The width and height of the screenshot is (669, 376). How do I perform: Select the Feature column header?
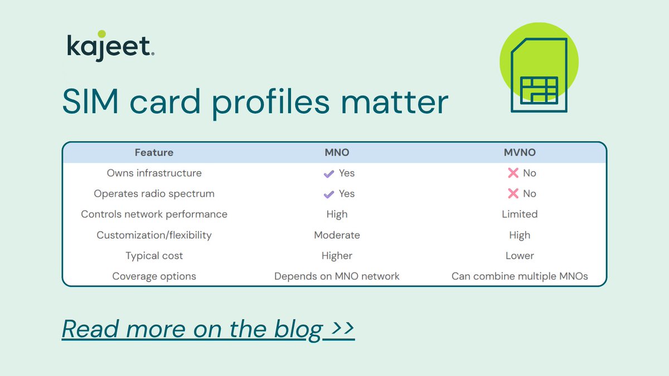[154, 153]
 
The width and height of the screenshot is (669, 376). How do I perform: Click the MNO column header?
[337, 153]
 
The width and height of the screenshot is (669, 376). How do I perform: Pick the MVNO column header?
[519, 153]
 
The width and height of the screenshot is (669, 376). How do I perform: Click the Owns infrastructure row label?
[154, 173]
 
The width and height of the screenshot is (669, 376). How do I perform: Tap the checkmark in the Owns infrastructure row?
[328, 173]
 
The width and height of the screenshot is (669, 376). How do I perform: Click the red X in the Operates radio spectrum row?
[513, 194]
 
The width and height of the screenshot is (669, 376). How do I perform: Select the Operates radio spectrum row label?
[154, 194]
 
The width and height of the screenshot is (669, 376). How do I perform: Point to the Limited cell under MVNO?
[519, 214]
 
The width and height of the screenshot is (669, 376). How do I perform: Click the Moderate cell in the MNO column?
[337, 235]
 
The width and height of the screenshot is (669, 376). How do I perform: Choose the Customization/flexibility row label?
[154, 235]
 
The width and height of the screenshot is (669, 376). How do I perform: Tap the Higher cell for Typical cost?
[337, 256]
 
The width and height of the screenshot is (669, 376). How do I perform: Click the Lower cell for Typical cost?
[519, 256]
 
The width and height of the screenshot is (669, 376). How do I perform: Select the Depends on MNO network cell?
[337, 276]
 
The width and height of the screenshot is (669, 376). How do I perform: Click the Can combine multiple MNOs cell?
[519, 276]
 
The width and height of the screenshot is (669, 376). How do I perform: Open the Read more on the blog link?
[208, 329]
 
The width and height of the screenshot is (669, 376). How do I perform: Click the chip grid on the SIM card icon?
[538, 90]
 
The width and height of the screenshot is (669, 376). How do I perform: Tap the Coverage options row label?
[154, 276]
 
